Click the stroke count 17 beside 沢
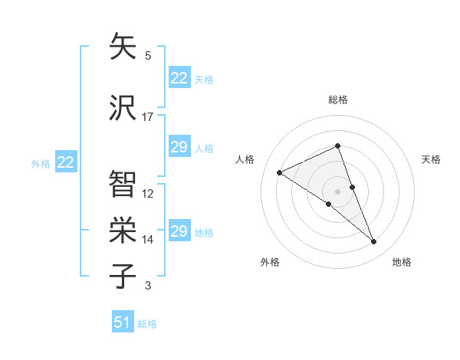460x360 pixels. point(148,117)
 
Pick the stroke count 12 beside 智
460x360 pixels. point(148,194)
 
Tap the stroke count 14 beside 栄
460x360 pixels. point(148,240)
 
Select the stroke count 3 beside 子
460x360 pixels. point(148,286)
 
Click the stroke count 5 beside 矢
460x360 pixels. point(148,56)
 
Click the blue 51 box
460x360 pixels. point(123,322)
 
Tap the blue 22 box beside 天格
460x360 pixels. point(179,78)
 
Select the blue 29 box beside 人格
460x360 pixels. point(179,147)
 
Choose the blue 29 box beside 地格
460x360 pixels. point(179,231)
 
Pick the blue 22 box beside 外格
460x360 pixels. point(66,162)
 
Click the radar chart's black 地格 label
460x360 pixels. point(402,262)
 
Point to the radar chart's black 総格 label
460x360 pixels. point(337,100)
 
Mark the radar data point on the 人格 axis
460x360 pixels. point(280,172)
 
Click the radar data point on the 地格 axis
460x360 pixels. point(374,242)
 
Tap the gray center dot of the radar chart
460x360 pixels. point(337,191)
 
